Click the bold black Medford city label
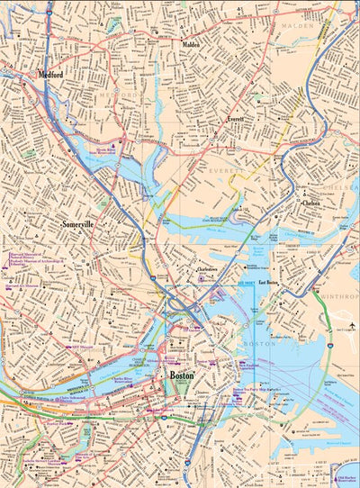(50, 77)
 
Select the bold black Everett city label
(235, 119)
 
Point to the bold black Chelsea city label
(311, 203)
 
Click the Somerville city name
(78, 223)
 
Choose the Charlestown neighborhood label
(210, 269)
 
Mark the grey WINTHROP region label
(341, 296)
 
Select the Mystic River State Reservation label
(131, 151)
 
